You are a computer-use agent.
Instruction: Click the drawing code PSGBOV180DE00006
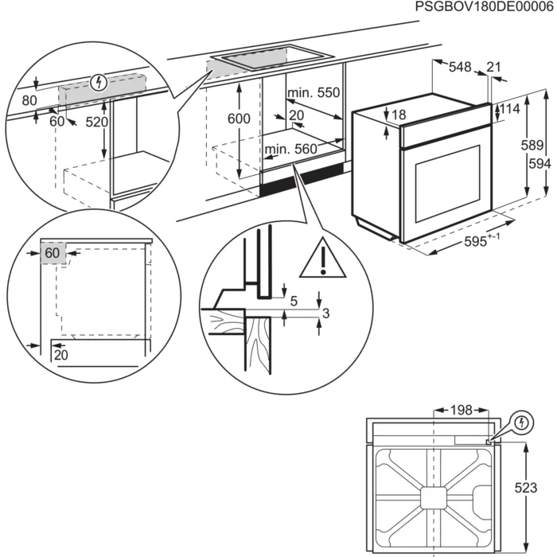click(484, 6)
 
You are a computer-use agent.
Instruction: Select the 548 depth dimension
click(460, 67)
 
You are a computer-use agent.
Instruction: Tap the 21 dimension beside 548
click(493, 67)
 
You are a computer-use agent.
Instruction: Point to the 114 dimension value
click(510, 109)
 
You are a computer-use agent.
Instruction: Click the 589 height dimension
click(532, 146)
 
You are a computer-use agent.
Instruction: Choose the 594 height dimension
click(540, 164)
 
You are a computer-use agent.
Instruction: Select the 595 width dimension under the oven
click(481, 240)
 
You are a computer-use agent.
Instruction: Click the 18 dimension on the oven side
click(399, 115)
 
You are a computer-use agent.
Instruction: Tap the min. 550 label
click(314, 93)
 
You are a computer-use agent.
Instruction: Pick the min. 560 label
click(291, 149)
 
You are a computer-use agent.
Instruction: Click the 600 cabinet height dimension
click(239, 119)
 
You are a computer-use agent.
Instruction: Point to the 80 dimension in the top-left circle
click(29, 100)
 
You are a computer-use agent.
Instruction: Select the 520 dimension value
click(96, 123)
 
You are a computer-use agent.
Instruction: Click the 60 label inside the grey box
click(53, 253)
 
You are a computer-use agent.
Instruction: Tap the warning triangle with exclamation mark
click(322, 259)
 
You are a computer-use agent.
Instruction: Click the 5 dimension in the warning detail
click(294, 302)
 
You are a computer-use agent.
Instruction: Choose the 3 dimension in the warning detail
click(325, 314)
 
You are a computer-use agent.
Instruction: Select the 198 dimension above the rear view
click(462, 411)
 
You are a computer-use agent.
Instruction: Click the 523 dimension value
click(526, 488)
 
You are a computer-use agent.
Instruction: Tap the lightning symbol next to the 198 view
click(521, 423)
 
